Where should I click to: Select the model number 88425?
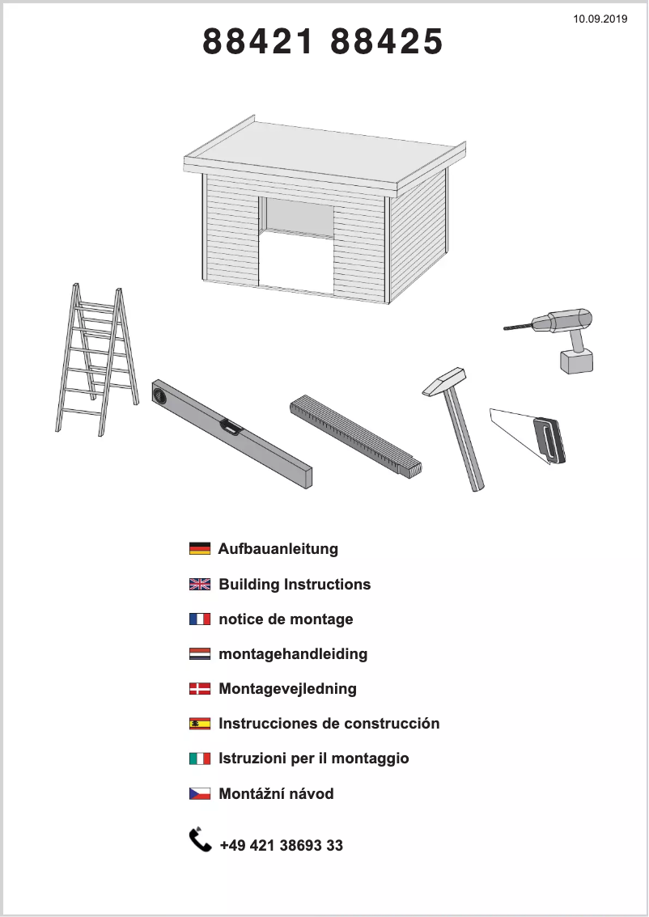[x=388, y=42]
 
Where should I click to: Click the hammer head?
[x=444, y=382]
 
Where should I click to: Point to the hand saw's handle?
[x=549, y=440]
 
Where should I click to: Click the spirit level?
[x=231, y=433]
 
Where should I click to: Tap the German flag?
[x=200, y=549]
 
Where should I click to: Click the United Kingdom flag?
[x=200, y=585]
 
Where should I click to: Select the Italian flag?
[x=200, y=759]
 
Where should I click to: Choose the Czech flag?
[x=200, y=794]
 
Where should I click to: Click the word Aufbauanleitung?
[x=278, y=549]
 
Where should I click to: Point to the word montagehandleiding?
[x=293, y=653]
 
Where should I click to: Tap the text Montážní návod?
[x=276, y=794]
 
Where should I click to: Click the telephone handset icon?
[x=200, y=840]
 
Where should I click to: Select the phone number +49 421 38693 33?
[x=281, y=846]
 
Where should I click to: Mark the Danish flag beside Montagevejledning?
[x=200, y=689]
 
